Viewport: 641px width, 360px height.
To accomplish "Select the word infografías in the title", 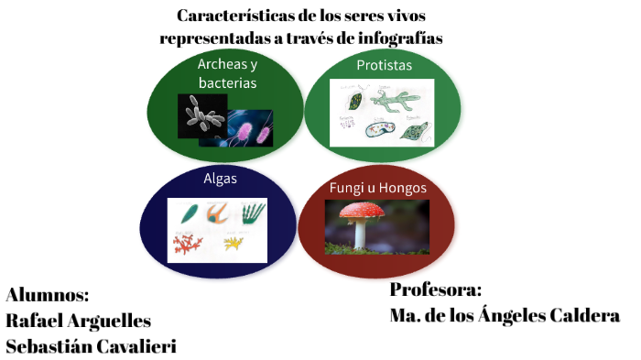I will pyautogui.click(x=398, y=38).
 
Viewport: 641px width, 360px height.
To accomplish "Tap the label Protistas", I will pyautogui.click(x=384, y=66).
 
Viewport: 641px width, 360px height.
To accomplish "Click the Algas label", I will pyautogui.click(x=220, y=179).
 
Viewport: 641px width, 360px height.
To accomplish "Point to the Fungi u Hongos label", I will pyautogui.click(x=377, y=188).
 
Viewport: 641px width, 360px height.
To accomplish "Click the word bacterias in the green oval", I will pyautogui.click(x=226, y=82).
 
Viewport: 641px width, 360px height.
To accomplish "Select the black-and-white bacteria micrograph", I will pyautogui.click(x=201, y=115).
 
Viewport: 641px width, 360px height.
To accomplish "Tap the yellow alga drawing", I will pyautogui.click(x=234, y=242).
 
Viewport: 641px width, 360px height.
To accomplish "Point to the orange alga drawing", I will pyautogui.click(x=217, y=213).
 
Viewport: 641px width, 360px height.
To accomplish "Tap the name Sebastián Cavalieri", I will pyautogui.click(x=91, y=346).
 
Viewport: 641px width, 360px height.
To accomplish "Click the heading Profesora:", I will pyautogui.click(x=435, y=289).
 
